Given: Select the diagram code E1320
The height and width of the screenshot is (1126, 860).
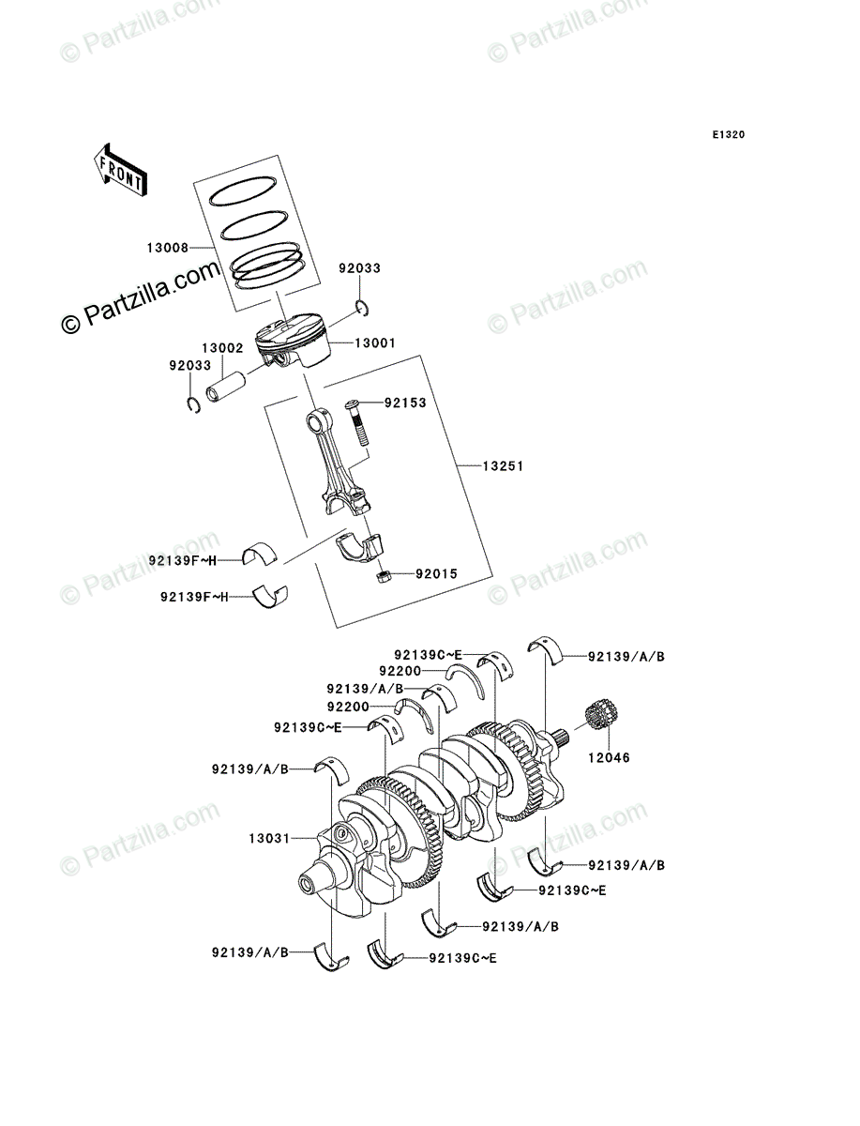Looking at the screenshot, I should pos(727,135).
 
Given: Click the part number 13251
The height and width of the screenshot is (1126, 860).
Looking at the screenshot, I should pos(503,465).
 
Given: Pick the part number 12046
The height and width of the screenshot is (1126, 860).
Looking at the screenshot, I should pos(610,757).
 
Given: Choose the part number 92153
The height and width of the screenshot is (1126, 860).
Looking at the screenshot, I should pos(406,403).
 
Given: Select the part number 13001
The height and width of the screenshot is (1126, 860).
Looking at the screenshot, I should pos(374,343).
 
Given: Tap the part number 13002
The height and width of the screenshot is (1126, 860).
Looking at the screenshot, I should pos(221,347).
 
